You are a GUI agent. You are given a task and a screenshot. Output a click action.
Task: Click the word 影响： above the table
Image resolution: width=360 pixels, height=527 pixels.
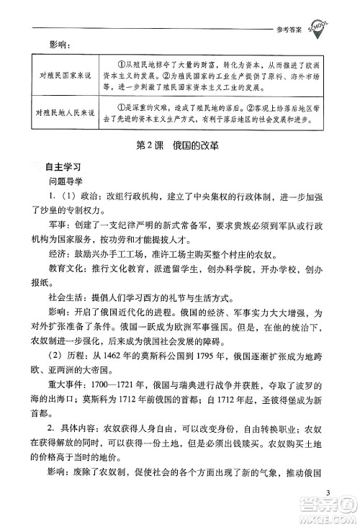[57, 46]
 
